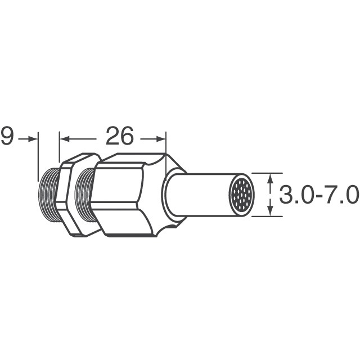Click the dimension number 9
7,136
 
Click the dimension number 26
119,136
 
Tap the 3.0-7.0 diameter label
319,195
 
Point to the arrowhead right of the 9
33,139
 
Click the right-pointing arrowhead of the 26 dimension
161,139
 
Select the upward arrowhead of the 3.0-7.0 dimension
271,178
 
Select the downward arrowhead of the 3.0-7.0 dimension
271,211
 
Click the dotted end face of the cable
241,195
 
